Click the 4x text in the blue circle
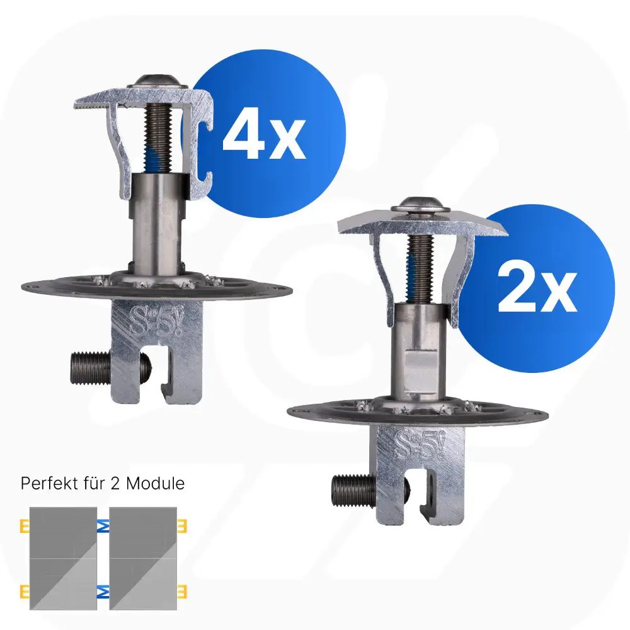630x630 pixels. point(264,134)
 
